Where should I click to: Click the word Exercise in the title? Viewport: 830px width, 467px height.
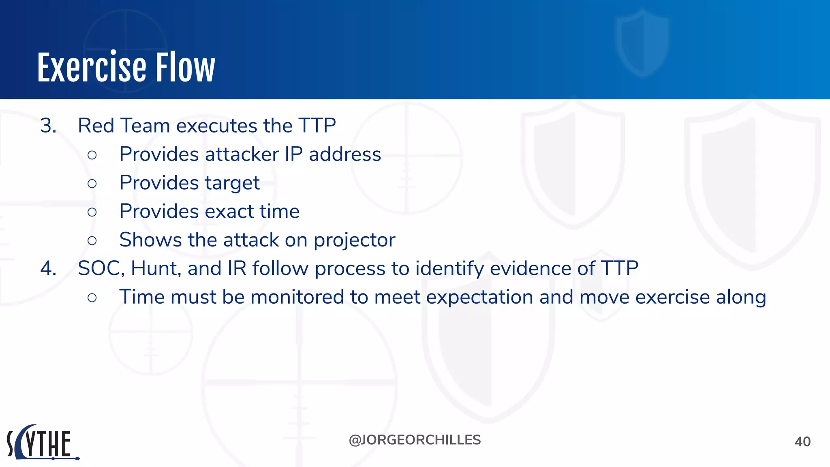[x=92, y=68]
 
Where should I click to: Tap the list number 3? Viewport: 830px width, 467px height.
[x=48, y=126]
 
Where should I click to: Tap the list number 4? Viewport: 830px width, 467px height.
[x=48, y=268]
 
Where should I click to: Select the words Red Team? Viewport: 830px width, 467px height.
[x=124, y=126]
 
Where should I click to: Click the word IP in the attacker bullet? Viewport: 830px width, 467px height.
[x=293, y=154]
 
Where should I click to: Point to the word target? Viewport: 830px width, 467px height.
[x=232, y=183]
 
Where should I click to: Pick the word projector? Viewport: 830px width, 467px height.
[x=354, y=240]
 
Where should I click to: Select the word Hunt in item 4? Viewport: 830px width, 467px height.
[x=155, y=268]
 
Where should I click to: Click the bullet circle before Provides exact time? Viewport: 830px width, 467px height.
[x=92, y=212]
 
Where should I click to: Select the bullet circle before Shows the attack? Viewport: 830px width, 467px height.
[x=92, y=241]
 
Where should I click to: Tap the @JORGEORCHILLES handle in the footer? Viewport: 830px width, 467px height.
[x=415, y=440]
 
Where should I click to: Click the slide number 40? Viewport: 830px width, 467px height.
[x=802, y=441]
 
